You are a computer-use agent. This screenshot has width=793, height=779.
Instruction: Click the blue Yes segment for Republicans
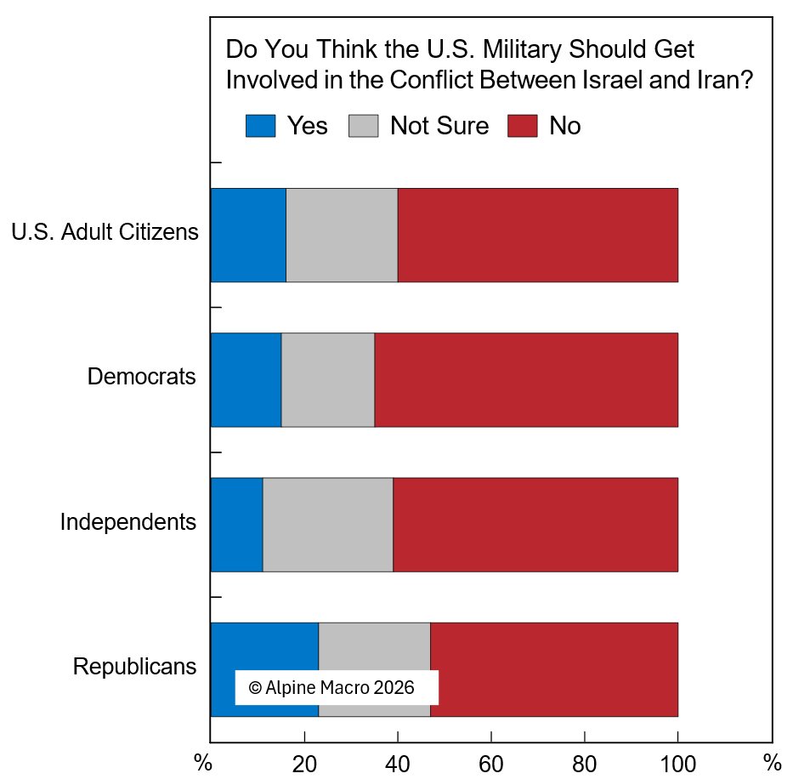click(264, 646)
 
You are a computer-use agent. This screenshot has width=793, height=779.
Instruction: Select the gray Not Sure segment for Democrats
click(328, 379)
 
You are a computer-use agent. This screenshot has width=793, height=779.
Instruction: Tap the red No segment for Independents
click(535, 525)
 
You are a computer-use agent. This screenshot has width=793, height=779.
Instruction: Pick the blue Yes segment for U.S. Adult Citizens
click(248, 235)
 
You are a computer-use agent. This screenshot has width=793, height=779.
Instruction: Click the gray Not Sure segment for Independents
click(328, 525)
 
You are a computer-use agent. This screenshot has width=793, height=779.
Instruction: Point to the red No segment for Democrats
click(526, 379)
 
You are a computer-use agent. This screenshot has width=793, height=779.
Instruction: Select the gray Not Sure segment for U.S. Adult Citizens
click(342, 235)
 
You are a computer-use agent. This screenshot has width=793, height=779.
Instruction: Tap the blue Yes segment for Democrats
click(246, 379)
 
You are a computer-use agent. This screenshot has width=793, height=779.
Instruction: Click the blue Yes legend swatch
click(261, 126)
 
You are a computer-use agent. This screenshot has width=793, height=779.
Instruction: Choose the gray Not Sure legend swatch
click(364, 126)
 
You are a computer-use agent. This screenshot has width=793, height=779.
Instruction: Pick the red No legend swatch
click(523, 126)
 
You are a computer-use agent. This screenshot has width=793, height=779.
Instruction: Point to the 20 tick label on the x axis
click(304, 761)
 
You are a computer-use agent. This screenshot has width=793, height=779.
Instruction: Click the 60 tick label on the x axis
click(491, 761)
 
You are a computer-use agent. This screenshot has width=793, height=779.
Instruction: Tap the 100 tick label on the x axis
click(677, 761)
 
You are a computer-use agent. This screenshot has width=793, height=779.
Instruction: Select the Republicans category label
click(135, 666)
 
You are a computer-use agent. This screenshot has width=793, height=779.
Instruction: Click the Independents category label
click(128, 521)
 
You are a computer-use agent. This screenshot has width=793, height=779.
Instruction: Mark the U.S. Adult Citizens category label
click(105, 231)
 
